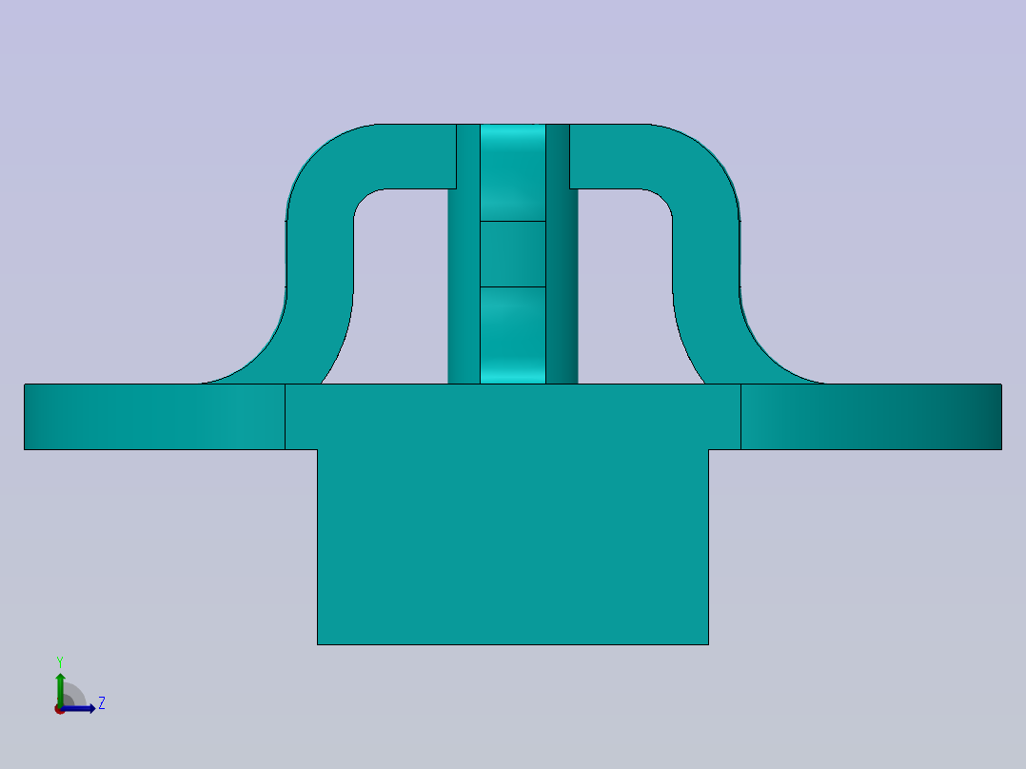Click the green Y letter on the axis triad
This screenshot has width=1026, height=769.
[59, 661]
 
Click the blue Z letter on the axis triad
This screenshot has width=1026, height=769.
[101, 703]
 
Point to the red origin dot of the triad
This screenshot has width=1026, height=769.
[59, 709]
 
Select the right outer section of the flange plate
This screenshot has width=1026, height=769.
[871, 417]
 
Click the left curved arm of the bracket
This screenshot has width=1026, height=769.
[320, 257]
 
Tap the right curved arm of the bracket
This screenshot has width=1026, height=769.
[706, 257]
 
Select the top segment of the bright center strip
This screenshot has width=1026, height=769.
[512, 172]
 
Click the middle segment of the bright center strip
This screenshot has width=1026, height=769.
[512, 254]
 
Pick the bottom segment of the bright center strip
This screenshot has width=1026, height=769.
[512, 335]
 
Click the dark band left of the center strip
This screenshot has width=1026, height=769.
[464, 286]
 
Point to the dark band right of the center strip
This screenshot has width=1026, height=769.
[562, 286]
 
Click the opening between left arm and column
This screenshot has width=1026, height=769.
[400, 286]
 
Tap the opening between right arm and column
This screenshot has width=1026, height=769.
[625, 286]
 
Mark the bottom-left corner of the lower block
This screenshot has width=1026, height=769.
[318, 644]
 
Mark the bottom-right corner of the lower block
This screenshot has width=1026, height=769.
[708, 644]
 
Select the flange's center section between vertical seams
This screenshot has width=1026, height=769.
[512, 416]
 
